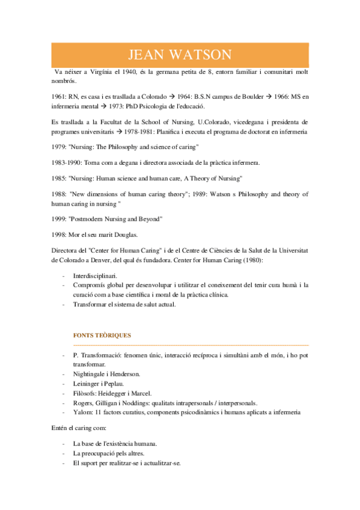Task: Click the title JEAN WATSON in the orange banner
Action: [180, 55]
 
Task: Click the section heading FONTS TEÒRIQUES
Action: [102, 335]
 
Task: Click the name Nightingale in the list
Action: [91, 374]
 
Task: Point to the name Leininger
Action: [88, 384]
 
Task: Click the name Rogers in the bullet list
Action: [83, 403]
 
